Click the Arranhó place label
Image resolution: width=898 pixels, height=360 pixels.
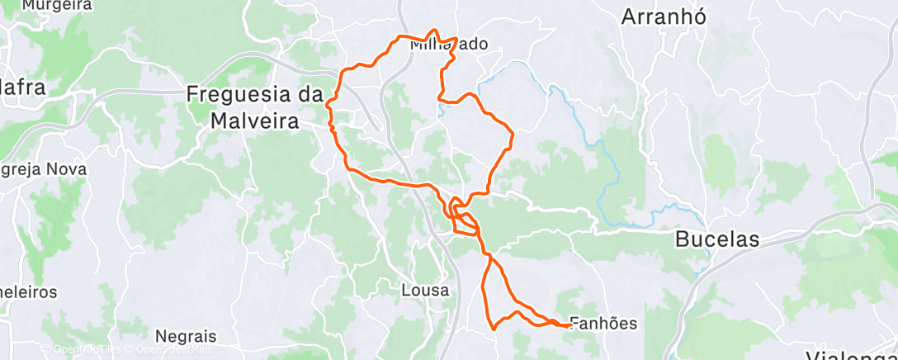tap(663, 17)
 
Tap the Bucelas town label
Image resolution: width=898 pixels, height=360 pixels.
tap(716, 239)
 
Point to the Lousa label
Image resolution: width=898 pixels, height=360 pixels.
tap(425, 291)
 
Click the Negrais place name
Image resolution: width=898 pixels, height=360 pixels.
tap(185, 336)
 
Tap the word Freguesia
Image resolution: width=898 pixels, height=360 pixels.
tap(254, 94)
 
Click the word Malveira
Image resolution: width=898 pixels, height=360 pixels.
tap(254, 121)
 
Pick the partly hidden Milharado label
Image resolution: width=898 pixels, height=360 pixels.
tap(449, 45)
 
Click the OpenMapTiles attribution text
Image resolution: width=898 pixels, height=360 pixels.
tap(78, 348)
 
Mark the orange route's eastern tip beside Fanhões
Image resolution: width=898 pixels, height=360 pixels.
tap(570, 325)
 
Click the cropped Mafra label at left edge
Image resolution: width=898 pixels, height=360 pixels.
tap(21, 87)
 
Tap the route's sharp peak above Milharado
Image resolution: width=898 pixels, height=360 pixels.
tap(431, 31)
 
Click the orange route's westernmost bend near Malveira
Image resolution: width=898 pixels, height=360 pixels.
tap(328, 104)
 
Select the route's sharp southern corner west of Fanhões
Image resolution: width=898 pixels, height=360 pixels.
tap(493, 328)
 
